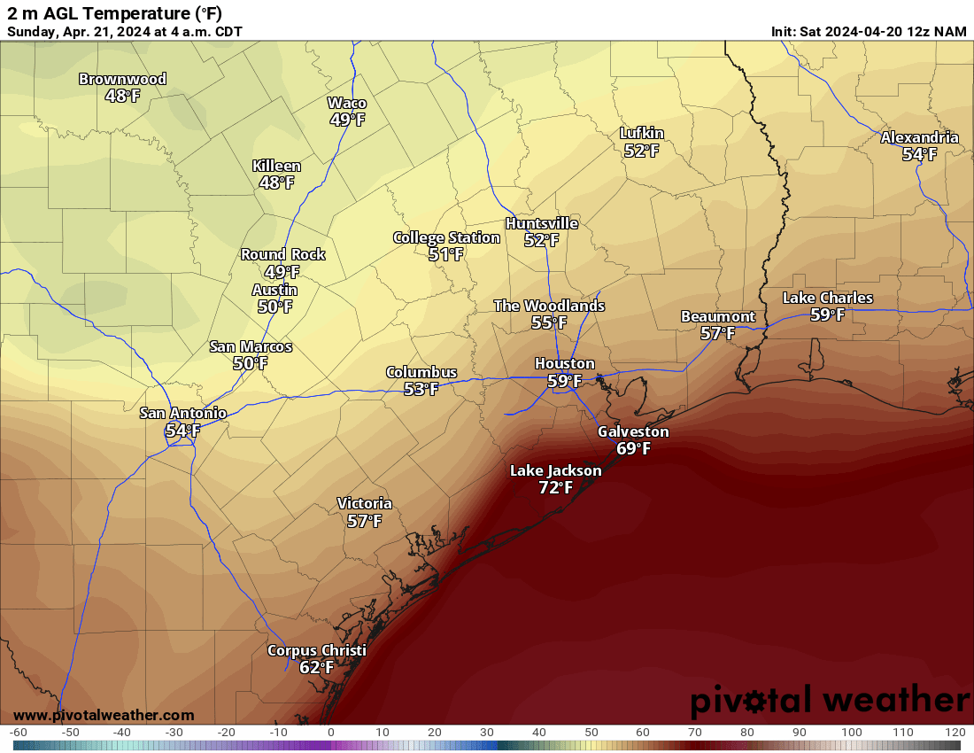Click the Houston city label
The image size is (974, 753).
tap(564, 363)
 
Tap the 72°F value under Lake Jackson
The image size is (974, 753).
tap(555, 487)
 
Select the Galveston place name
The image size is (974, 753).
tap(633, 431)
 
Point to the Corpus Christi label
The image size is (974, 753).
tap(316, 650)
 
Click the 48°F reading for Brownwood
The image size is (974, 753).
tap(122, 96)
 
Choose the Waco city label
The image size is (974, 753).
tap(346, 103)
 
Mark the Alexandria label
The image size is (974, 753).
tap(919, 137)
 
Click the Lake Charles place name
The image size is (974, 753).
tap(827, 298)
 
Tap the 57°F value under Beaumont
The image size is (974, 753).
tap(717, 333)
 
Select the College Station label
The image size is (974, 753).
tap(446, 237)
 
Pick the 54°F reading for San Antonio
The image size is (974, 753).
tap(182, 431)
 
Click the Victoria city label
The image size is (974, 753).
tap(364, 503)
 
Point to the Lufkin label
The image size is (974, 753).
tap(641, 134)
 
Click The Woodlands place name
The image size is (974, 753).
tap(549, 306)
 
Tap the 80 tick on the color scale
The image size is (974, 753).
tap(747, 733)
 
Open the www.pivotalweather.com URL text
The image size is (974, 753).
tap(104, 715)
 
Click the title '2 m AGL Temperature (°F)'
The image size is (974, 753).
tap(115, 13)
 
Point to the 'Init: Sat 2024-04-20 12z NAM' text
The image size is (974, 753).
tap(869, 31)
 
